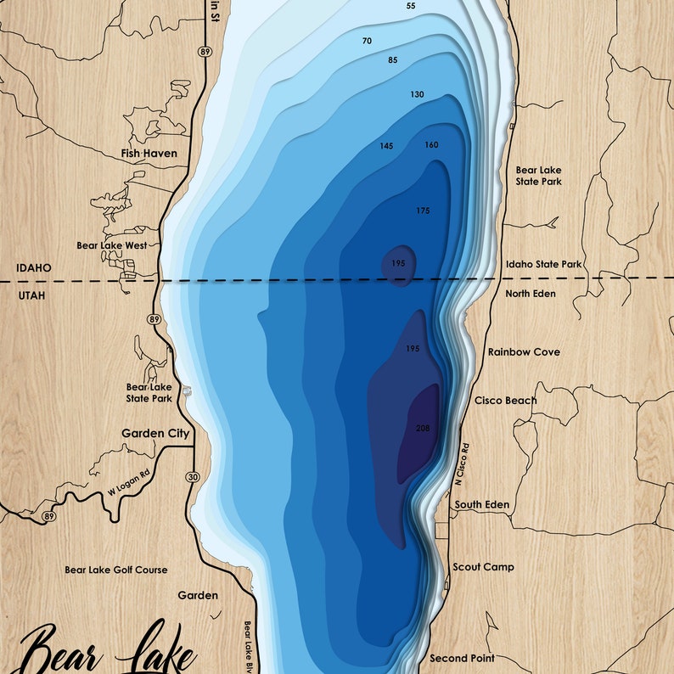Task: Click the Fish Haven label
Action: point(149,154)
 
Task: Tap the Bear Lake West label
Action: point(111,245)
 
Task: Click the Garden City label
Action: point(154,433)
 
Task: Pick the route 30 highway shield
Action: point(193,477)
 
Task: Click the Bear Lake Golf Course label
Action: point(116,570)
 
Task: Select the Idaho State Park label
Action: point(543,265)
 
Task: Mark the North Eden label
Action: point(531,294)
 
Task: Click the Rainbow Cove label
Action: point(524,351)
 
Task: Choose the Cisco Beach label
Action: point(505,401)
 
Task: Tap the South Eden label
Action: point(482,504)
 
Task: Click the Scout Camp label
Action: point(483,566)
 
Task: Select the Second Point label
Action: point(462,658)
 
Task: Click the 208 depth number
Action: point(423,428)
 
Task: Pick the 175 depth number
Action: point(423,211)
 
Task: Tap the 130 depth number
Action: point(417,94)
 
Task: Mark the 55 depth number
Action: point(411,6)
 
